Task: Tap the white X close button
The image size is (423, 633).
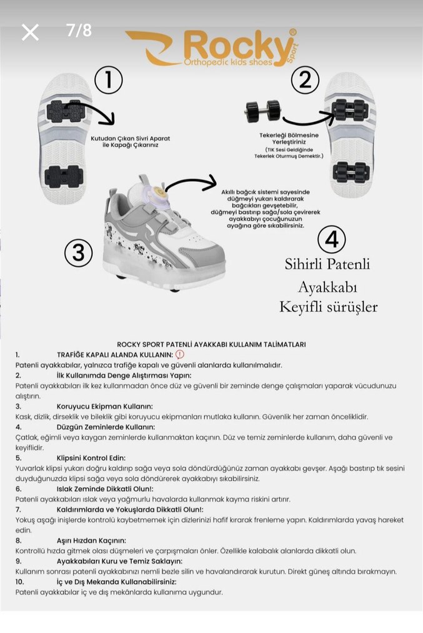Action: click(x=30, y=32)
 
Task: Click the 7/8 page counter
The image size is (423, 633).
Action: click(x=79, y=31)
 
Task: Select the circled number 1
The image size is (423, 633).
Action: click(x=108, y=80)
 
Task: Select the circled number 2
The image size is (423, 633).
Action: click(x=304, y=80)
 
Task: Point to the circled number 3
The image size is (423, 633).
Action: click(x=79, y=252)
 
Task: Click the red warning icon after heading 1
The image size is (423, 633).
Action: click(x=179, y=354)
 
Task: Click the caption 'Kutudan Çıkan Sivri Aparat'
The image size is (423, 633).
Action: click(x=130, y=138)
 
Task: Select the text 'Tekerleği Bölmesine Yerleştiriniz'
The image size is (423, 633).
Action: click(x=289, y=139)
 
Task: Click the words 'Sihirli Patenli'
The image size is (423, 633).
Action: click(x=328, y=264)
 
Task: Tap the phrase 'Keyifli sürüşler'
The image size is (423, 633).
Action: click(x=328, y=307)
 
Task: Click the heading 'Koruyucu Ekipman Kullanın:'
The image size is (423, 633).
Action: click(x=105, y=406)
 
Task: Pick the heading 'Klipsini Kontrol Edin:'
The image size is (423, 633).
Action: click(x=91, y=457)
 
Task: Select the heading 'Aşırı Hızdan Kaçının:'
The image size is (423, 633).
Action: click(x=91, y=540)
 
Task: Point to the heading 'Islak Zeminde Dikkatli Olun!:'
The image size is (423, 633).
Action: click(x=105, y=489)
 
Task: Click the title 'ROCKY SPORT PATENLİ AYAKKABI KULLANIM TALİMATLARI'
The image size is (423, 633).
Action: click(x=211, y=344)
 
